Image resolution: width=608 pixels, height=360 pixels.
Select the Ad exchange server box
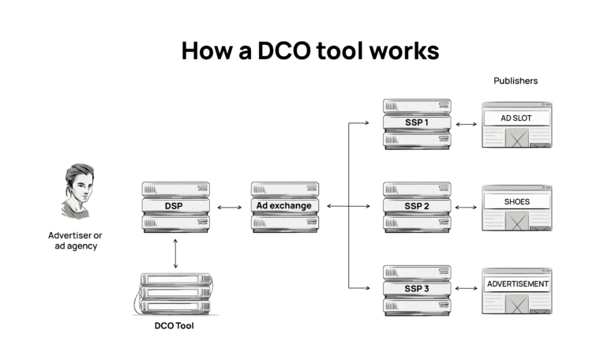coord(285,206)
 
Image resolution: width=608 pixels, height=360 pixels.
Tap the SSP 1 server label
coord(416,123)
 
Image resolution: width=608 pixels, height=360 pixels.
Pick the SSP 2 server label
coord(416,206)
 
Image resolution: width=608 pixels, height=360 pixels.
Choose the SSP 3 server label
coord(416,289)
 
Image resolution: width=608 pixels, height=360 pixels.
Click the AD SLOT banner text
coord(517,118)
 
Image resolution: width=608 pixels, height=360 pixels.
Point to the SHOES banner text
coord(517,201)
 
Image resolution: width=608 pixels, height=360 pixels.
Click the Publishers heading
coord(516,81)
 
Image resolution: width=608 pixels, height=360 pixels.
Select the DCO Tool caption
coord(175,325)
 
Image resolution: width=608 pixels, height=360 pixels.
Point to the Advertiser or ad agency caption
coord(75,241)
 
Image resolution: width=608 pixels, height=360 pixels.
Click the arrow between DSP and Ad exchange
coord(230,207)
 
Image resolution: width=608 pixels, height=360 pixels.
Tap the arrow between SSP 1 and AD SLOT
coord(466,124)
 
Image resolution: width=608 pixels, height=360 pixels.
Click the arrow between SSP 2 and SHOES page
coord(466,207)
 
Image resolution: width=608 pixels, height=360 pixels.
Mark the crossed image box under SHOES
coord(517,222)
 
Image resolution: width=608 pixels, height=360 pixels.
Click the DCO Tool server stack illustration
coord(175,294)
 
